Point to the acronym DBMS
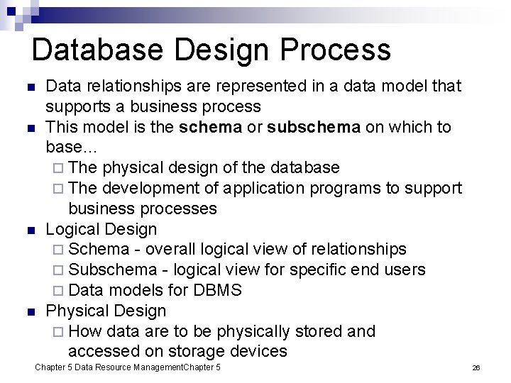216,290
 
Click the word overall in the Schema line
171,249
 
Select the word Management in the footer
148,367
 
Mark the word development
150,188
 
